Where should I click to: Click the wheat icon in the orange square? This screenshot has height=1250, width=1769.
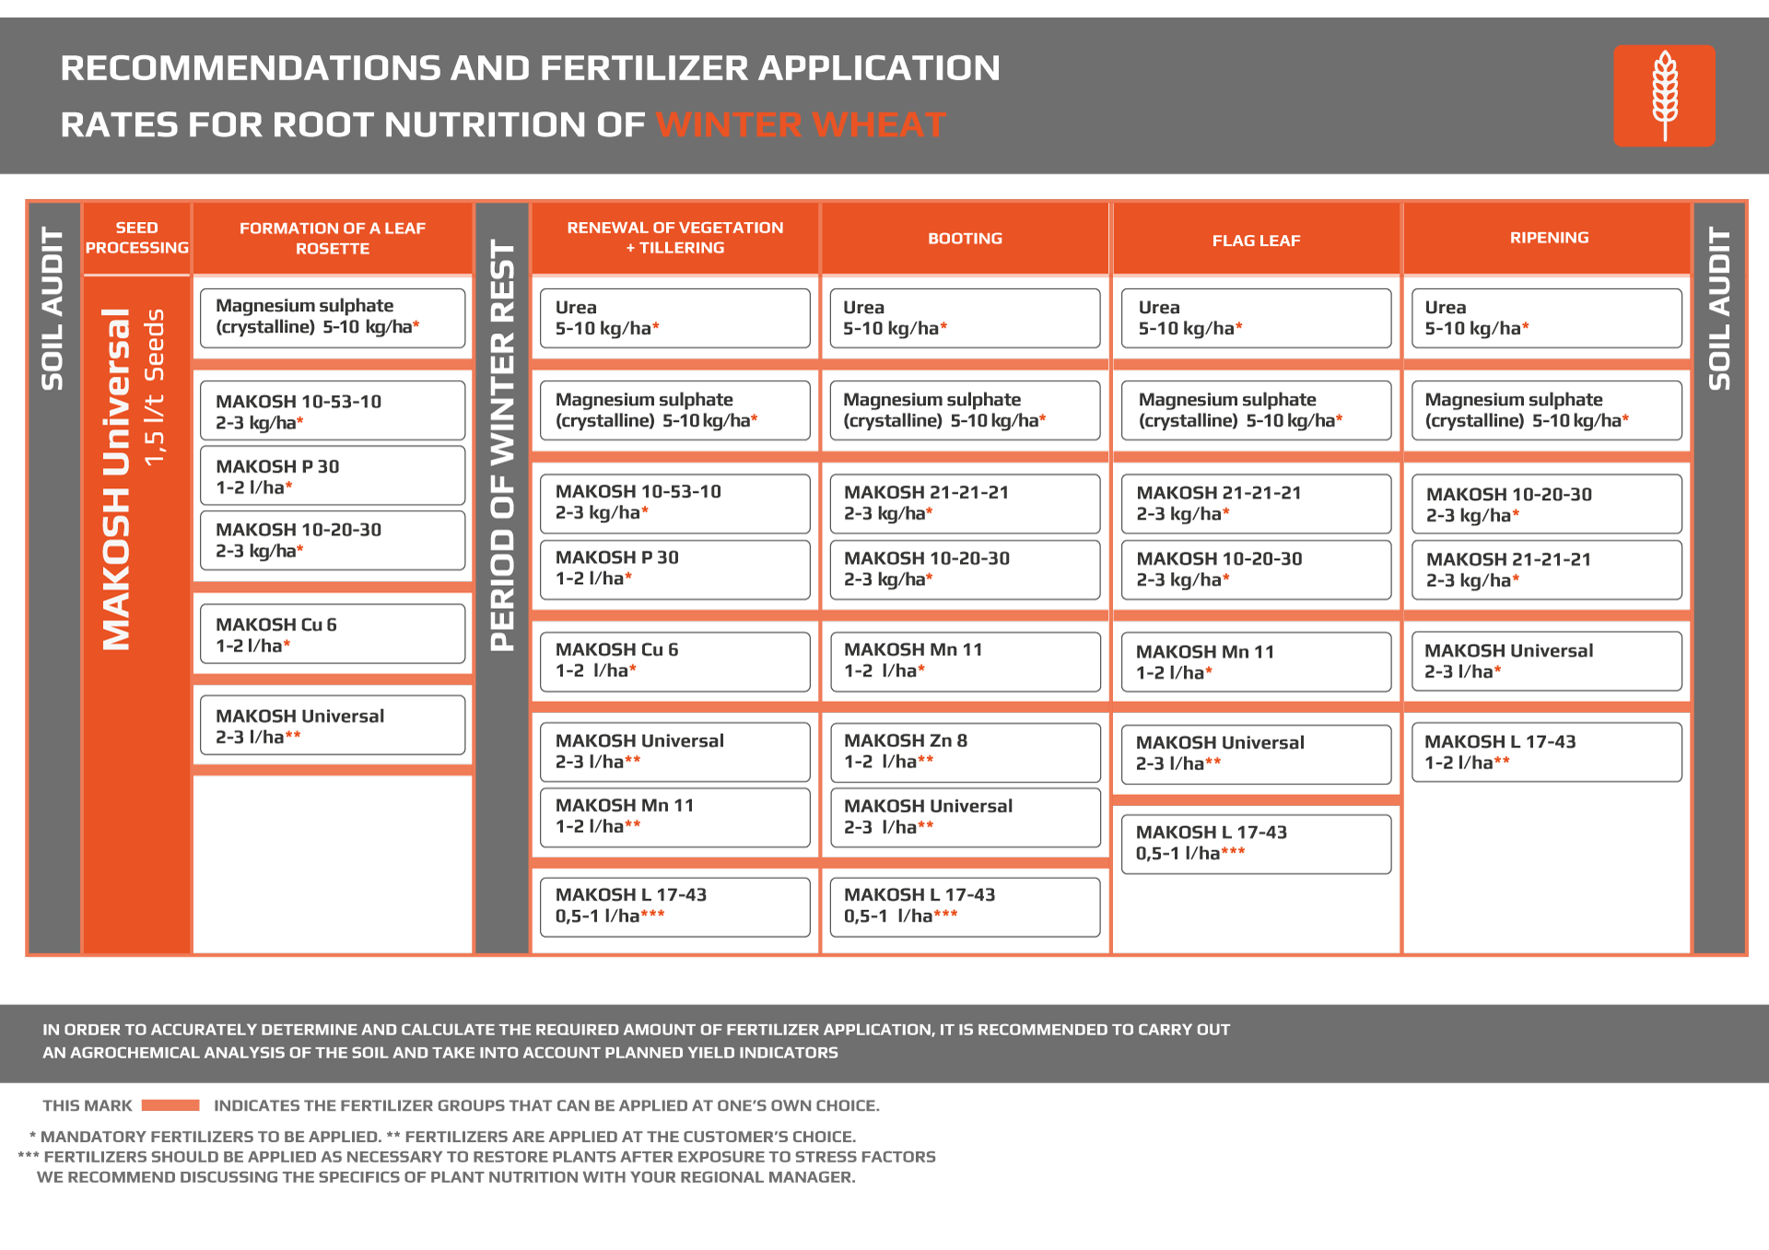[x=1664, y=96]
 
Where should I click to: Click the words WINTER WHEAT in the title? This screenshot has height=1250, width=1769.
[x=801, y=124]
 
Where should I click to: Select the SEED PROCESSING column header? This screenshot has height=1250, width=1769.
[x=137, y=238]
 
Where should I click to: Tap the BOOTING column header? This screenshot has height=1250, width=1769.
[x=965, y=239]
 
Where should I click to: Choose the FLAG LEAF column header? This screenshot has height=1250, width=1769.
[x=1256, y=240]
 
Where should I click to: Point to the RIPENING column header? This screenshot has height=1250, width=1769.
[x=1549, y=238]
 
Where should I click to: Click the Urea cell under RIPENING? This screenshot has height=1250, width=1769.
[x=1547, y=318]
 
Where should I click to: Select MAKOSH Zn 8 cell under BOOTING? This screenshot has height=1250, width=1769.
[x=965, y=752]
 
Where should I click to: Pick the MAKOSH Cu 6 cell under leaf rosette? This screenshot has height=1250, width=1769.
[x=333, y=634]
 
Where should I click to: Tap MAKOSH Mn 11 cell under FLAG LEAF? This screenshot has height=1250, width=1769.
[x=1256, y=661]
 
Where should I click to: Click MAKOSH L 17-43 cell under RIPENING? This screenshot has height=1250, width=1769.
[x=1547, y=752]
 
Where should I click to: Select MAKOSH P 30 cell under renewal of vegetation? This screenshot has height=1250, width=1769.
[x=675, y=568]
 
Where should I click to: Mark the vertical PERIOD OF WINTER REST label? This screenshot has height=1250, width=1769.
[x=502, y=445]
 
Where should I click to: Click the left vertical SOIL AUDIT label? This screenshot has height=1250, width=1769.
[x=53, y=309]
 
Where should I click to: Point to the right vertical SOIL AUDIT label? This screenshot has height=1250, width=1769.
[x=1719, y=309]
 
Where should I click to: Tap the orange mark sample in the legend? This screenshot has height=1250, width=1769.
[x=170, y=1105]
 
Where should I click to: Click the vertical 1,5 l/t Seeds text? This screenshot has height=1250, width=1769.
[x=154, y=387]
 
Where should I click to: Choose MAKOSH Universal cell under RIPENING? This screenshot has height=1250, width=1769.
[x=1547, y=661]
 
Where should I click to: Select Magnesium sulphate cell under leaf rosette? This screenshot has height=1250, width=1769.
[x=333, y=318]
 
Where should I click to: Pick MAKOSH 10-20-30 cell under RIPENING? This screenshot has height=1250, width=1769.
[x=1547, y=504]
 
